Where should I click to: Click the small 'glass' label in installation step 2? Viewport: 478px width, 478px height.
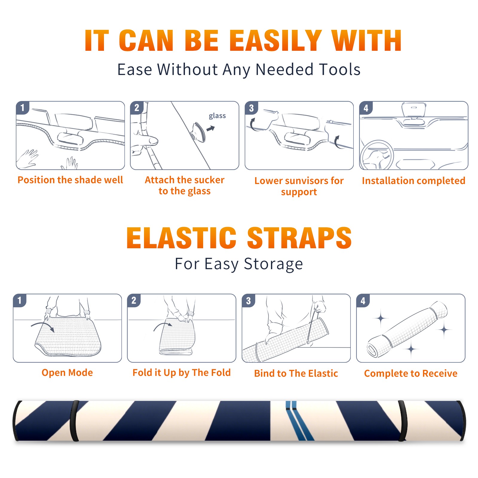point(217,116)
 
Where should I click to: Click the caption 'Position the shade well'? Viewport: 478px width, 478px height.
point(70,180)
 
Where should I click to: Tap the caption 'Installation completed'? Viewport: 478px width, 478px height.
point(413,180)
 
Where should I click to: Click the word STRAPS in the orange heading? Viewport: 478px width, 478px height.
point(299,238)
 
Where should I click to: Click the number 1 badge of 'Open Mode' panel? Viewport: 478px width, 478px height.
point(20,300)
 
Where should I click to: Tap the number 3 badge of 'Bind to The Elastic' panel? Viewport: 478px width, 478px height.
point(249,301)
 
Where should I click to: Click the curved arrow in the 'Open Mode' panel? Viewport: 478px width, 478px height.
point(42,327)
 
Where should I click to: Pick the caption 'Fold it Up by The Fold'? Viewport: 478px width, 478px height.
point(182,373)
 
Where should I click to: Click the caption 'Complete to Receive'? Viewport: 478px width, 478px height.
point(411,373)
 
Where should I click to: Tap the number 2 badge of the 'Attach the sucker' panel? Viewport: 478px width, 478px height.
point(137,108)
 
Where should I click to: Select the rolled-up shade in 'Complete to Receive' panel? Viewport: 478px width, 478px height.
point(407,329)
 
